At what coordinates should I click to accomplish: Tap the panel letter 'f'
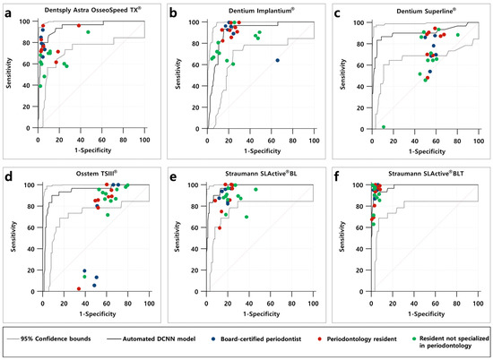(337, 176)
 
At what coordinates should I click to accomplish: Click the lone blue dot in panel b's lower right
(278, 60)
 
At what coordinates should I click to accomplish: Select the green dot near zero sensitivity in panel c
(384, 127)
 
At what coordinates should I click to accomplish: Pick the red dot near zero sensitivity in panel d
(79, 288)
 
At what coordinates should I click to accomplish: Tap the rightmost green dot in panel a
(88, 32)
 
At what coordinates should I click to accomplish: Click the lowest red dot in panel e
(220, 228)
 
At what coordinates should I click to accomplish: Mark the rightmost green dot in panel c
(458, 35)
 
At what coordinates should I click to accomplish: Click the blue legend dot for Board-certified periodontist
(213, 339)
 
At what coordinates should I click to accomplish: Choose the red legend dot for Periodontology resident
(319, 339)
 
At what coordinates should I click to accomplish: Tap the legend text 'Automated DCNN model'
(159, 339)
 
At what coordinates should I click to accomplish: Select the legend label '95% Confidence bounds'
(56, 339)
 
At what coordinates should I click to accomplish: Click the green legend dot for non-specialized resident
(414, 339)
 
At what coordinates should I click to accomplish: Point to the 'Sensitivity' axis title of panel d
(13, 236)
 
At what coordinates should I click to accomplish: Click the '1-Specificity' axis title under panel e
(261, 313)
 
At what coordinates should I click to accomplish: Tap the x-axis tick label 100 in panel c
(479, 141)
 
